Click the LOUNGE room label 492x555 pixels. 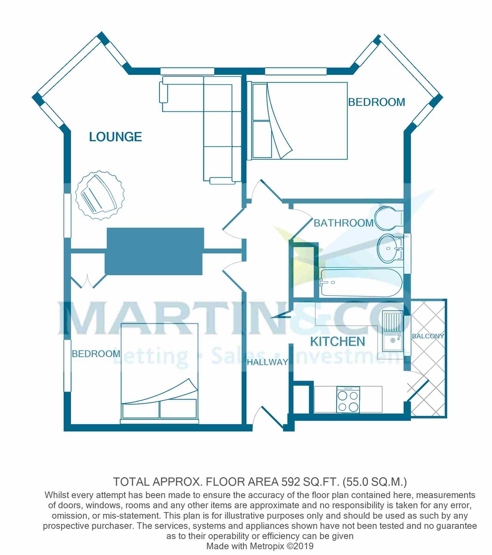pos(115,137)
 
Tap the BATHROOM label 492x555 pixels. pos(343,223)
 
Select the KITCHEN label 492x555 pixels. pos(338,342)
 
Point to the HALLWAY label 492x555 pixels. pos(267,362)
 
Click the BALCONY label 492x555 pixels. pos(428,336)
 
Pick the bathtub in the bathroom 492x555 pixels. pos(361,282)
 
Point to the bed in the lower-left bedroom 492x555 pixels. pos(160,372)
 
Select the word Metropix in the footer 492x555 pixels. pos(270,546)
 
